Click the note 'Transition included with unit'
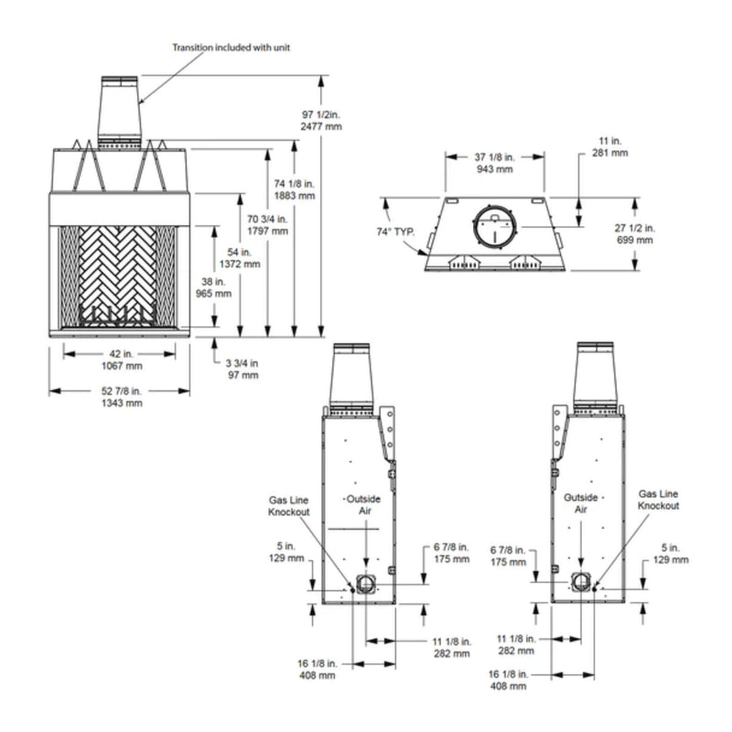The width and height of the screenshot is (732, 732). (231, 48)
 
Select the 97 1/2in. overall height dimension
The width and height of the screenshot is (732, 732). (321, 121)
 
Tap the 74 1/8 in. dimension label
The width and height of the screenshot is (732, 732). (295, 189)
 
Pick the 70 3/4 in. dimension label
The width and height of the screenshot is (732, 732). (267, 224)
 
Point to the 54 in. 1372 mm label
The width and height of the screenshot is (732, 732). (240, 258)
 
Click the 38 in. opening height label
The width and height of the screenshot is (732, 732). (213, 287)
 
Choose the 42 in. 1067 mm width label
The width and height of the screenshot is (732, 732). (122, 360)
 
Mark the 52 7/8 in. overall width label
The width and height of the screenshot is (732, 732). (122, 397)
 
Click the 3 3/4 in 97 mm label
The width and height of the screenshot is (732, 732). (242, 369)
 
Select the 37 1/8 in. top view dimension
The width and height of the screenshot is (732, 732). (494, 163)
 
